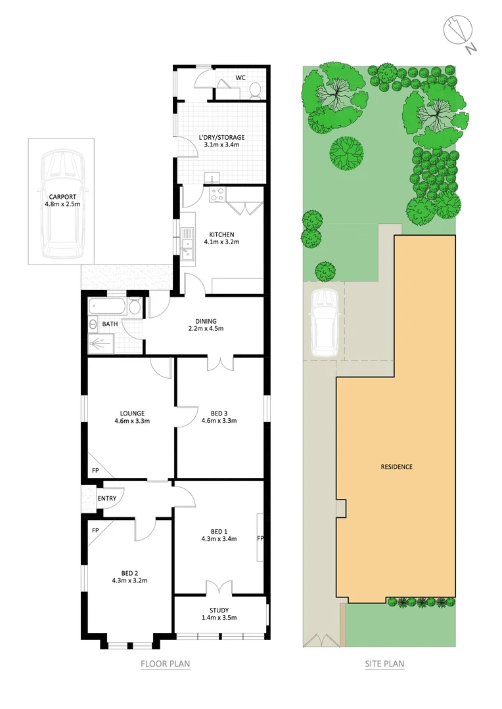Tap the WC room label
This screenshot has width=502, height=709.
[x=240, y=77]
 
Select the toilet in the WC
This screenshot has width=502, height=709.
[x=256, y=90]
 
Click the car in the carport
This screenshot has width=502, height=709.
[x=62, y=204]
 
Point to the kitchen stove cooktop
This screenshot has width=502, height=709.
[x=218, y=194]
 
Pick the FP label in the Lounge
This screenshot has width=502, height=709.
[x=95, y=471]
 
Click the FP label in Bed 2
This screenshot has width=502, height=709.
[x=95, y=530]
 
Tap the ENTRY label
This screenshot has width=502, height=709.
[x=107, y=498]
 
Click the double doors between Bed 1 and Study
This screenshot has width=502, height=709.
[x=220, y=589]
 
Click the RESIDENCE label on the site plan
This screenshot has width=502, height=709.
[x=397, y=467]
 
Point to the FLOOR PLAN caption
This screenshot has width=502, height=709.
[x=166, y=664]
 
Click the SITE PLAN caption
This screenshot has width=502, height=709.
[x=384, y=664]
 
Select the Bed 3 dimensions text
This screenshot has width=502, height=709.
[x=219, y=421]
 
